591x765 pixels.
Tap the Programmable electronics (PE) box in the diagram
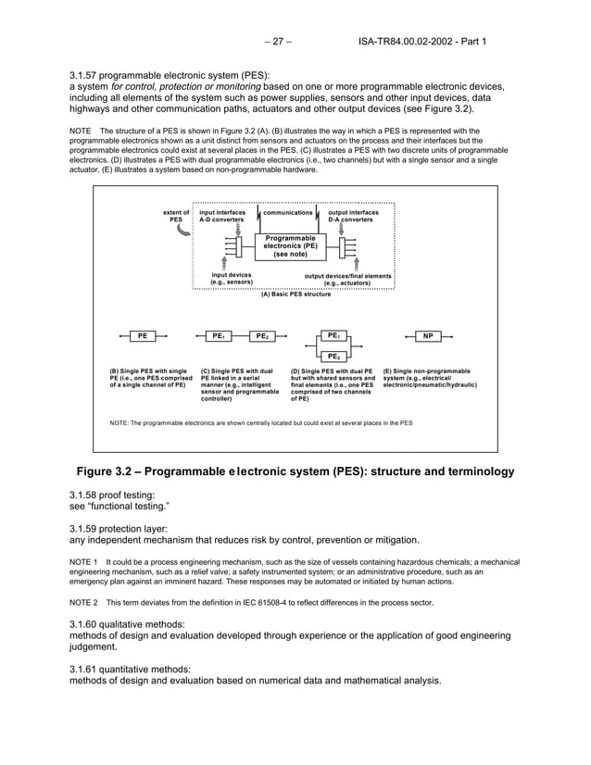[x=290, y=245]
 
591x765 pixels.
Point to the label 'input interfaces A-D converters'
[x=222, y=216]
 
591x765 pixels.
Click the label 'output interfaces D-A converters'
[x=353, y=216]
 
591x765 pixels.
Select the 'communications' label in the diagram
[x=287, y=212]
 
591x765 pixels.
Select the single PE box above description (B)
[x=143, y=336]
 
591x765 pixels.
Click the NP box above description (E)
[x=427, y=336]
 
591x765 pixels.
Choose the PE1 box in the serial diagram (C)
[x=219, y=336]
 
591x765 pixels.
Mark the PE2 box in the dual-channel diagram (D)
[x=333, y=356]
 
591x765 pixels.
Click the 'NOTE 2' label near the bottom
[x=85, y=602]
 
